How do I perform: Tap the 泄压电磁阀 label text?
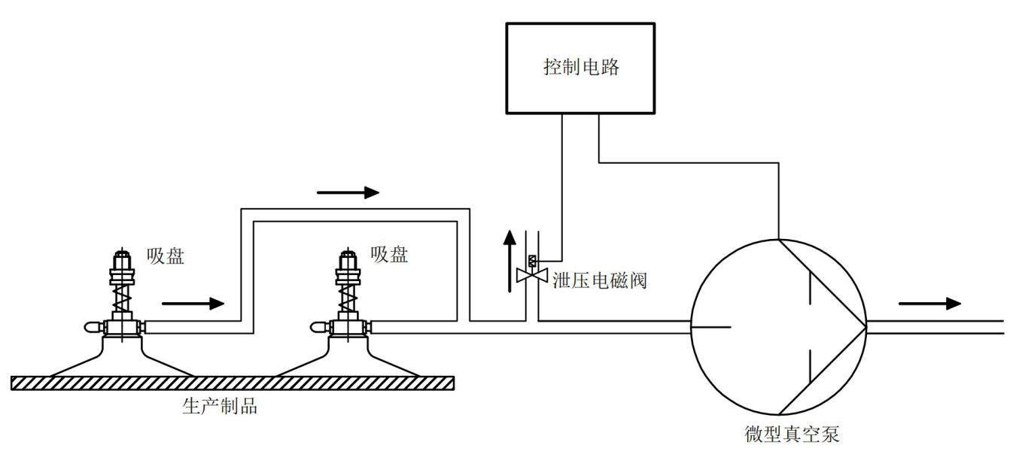[600, 280]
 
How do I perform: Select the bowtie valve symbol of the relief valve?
[532, 275]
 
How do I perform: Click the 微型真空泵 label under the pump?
[792, 434]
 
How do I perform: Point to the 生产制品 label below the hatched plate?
[220, 406]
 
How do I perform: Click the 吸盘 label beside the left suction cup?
[166, 256]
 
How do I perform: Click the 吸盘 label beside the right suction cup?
[389, 255]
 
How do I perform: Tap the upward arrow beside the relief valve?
[510, 262]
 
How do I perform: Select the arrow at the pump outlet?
[929, 304]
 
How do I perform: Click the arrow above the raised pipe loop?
[348, 192]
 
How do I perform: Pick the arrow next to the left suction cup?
[193, 304]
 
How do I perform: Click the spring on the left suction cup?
[122, 297]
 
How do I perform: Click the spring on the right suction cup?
[348, 297]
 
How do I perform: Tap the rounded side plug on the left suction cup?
[93, 326]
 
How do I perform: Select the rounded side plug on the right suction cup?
[319, 326]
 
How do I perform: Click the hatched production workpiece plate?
[233, 383]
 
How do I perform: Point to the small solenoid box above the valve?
[532, 262]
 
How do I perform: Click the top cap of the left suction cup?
[122, 259]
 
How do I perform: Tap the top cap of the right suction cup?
[348, 259]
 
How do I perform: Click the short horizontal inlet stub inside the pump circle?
[710, 326]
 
